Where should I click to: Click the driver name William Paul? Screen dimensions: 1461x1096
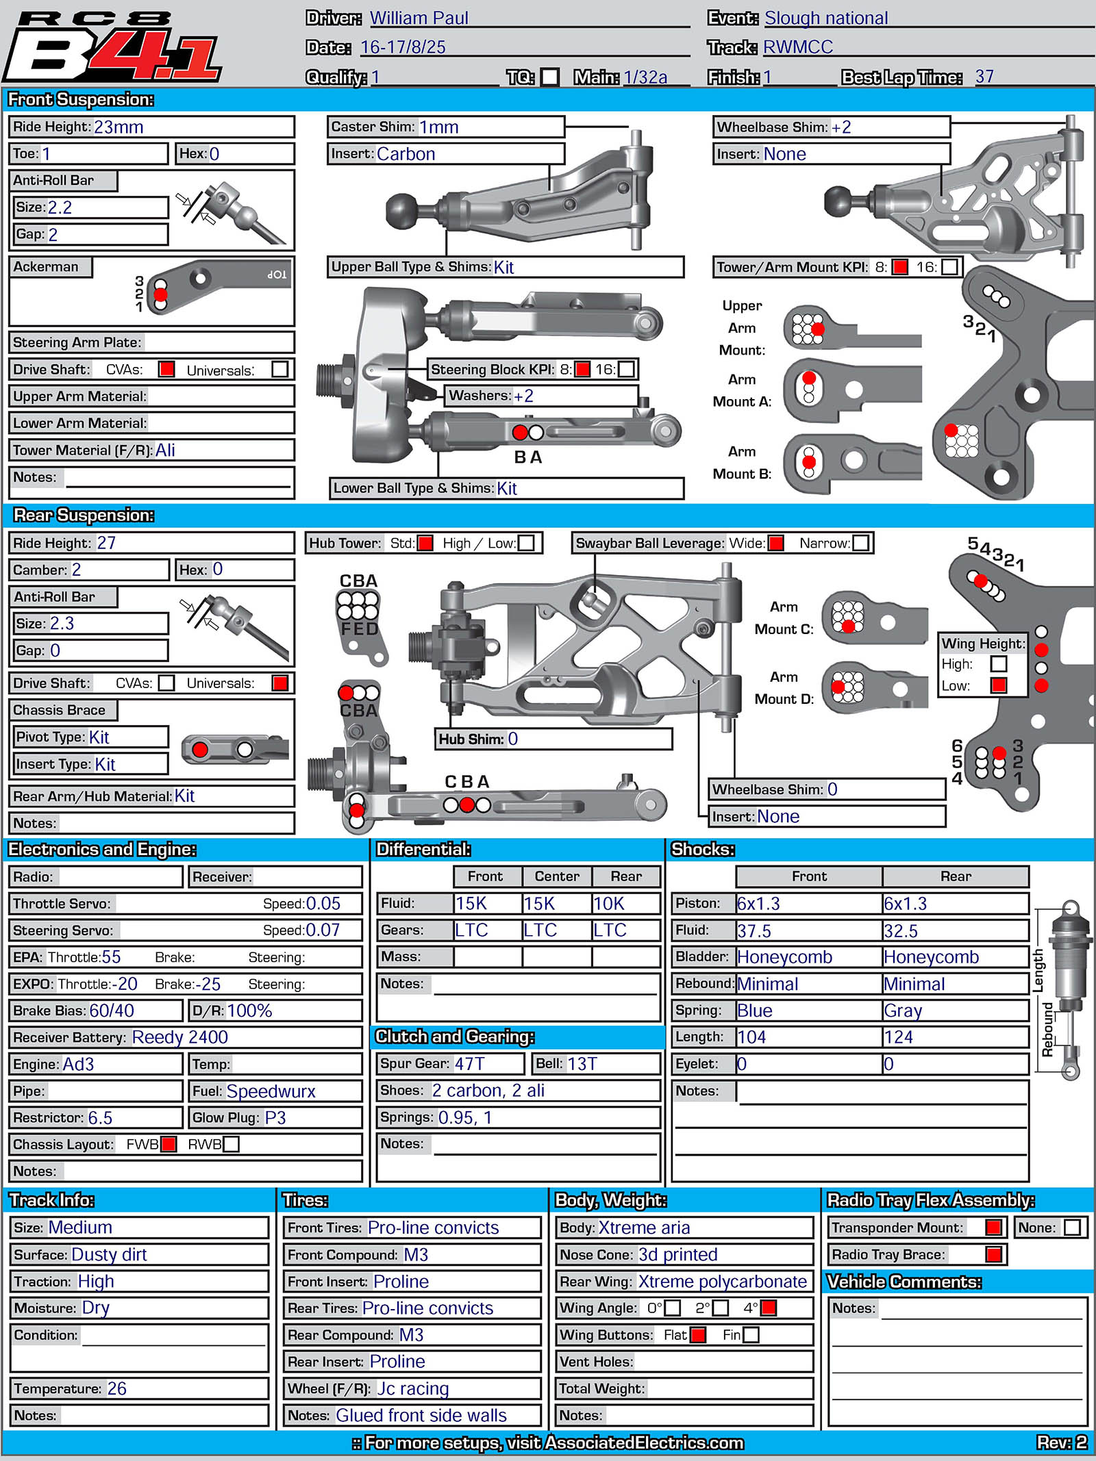pos(419,18)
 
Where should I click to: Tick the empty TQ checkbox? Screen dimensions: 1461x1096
pos(549,77)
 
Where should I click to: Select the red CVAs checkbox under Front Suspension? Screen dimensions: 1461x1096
pos(166,369)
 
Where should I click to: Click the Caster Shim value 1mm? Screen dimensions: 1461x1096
pos(438,127)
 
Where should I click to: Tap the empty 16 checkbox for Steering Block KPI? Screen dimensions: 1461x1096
pos(626,369)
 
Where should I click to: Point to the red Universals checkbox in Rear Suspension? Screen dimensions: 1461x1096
pos(279,683)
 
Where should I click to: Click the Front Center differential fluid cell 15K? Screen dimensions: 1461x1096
pos(539,904)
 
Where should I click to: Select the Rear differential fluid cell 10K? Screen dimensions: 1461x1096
pos(609,904)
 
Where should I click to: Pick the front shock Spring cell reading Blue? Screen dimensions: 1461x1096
pos(754,1011)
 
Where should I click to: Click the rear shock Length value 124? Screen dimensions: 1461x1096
pos(898,1037)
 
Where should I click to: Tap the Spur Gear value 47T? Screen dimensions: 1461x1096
pos(469,1064)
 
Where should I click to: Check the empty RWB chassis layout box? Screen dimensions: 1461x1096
pos(231,1144)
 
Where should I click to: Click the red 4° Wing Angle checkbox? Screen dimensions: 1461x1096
pos(769,1308)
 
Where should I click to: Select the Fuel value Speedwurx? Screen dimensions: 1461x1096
pos(271,1091)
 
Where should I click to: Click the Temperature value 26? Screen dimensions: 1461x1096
pos(116,1388)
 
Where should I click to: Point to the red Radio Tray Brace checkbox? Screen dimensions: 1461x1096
pos(993,1254)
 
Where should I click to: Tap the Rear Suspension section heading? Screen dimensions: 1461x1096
pos(84,515)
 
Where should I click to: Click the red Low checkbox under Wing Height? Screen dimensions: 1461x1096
pos(999,685)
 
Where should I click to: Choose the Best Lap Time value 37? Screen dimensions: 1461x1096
pos(984,77)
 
